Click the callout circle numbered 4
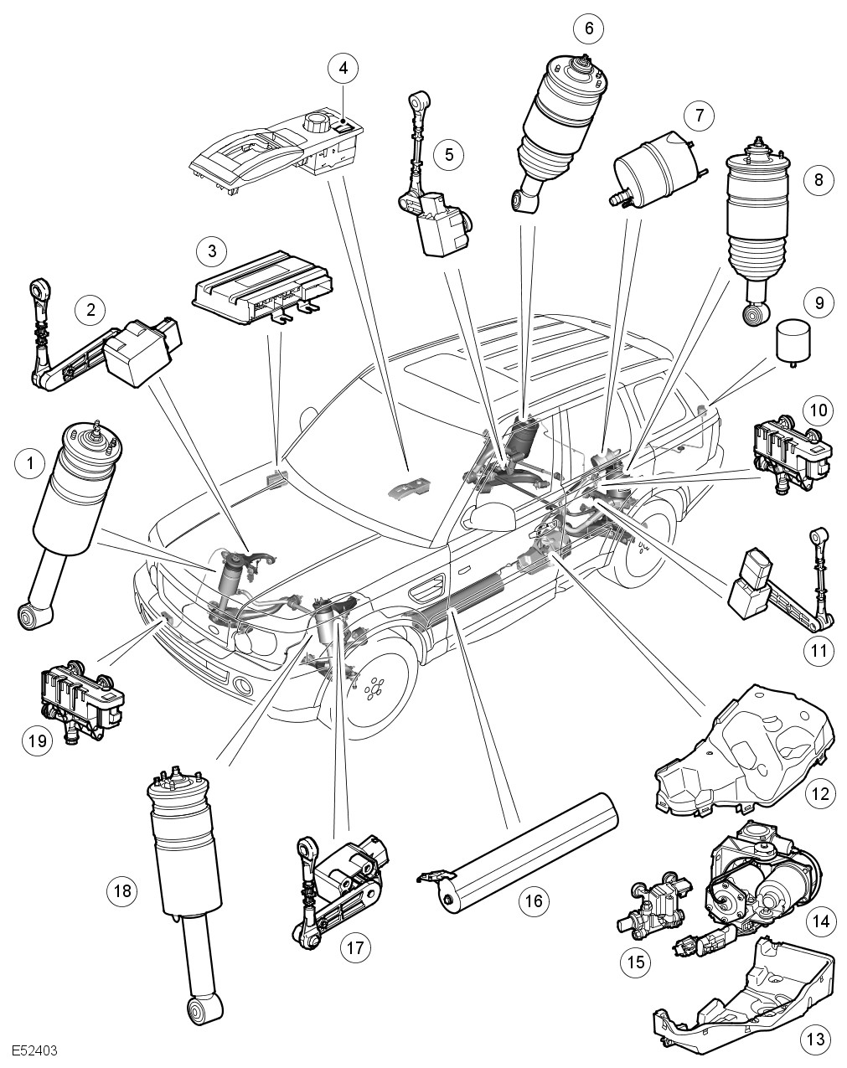[343, 69]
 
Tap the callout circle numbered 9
[819, 302]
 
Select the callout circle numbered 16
[534, 900]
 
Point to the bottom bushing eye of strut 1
[33, 617]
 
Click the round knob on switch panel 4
[319, 124]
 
